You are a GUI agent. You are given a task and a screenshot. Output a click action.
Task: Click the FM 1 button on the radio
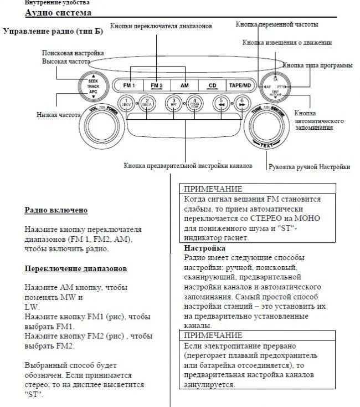click(x=129, y=86)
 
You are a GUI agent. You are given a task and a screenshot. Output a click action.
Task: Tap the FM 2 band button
click(x=157, y=86)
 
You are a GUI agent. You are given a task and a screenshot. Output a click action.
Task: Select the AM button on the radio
click(x=184, y=86)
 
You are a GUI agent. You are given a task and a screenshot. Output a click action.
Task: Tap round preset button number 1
click(x=126, y=103)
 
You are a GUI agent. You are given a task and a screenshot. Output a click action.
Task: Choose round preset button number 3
click(x=173, y=103)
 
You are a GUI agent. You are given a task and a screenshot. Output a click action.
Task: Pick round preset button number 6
click(x=241, y=103)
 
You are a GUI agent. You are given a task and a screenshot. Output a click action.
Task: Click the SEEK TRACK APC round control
click(x=92, y=86)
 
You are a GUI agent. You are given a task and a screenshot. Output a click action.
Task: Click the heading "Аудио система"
click(x=58, y=13)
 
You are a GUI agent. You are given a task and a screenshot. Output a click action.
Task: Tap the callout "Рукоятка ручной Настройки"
click(x=309, y=167)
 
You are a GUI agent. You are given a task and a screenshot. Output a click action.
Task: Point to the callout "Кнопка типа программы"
click(x=317, y=65)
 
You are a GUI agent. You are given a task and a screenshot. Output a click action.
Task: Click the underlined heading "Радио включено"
click(x=56, y=211)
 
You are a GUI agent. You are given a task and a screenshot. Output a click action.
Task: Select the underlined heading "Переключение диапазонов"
click(x=76, y=268)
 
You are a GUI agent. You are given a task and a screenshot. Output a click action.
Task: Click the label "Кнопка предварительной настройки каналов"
click(x=188, y=166)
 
